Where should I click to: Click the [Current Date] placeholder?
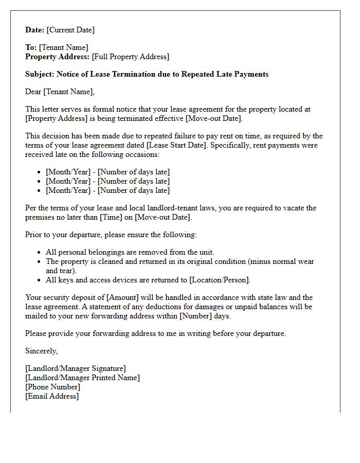70,30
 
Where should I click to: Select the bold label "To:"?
31,47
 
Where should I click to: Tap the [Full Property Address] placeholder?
131,57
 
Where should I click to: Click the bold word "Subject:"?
40,74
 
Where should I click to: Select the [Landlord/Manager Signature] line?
76,368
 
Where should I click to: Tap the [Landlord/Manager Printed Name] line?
82,378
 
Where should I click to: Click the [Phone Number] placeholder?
52,387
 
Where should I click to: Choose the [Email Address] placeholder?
52,396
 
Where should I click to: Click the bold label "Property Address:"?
58,57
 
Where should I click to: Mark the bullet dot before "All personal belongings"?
40,253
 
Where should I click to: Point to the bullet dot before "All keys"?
40,280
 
